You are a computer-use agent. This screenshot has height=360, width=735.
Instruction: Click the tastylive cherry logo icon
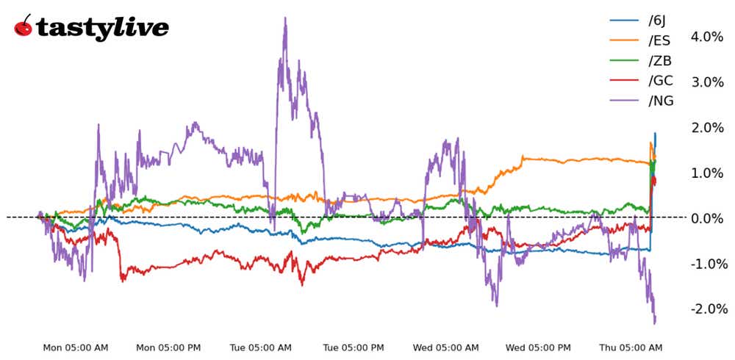point(24,26)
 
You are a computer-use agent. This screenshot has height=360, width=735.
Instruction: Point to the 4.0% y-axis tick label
point(706,37)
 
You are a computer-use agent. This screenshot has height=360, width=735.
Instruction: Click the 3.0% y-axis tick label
point(706,82)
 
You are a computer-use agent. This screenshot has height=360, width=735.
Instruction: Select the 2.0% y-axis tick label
point(706,127)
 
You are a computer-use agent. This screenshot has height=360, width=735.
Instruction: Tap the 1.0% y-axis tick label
point(706,173)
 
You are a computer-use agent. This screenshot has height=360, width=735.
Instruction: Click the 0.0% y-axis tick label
point(706,217)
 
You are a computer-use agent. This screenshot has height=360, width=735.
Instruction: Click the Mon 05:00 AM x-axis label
point(75,348)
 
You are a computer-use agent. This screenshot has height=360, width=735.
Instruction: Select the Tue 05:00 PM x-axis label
point(354,348)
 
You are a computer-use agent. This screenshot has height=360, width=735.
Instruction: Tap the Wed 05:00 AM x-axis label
point(446,348)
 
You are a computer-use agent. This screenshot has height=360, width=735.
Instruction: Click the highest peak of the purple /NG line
point(285,18)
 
